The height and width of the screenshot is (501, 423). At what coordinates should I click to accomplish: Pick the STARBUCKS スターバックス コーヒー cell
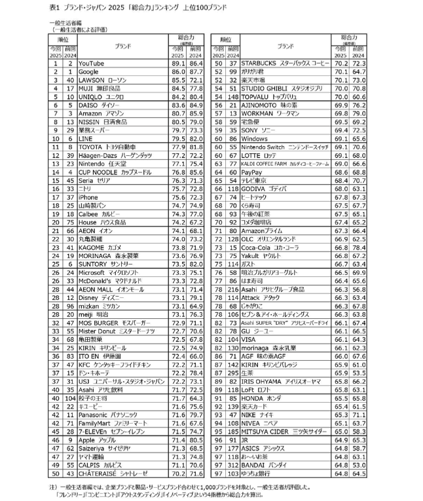[285, 62]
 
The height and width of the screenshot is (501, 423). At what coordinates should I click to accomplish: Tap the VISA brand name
[249, 339]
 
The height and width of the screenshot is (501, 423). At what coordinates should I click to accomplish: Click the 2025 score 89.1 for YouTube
[177, 62]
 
